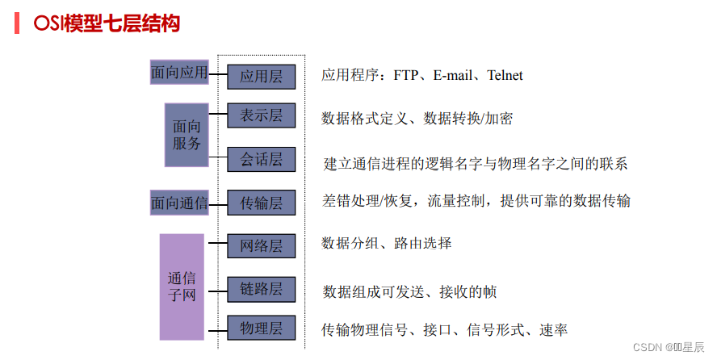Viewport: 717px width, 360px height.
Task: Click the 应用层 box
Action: click(261, 77)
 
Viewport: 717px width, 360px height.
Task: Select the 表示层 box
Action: click(261, 116)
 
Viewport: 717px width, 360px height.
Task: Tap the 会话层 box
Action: click(261, 160)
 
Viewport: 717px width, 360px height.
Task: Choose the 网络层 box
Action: click(261, 245)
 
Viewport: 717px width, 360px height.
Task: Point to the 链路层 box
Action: click(261, 288)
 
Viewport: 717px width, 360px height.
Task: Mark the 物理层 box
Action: click(261, 328)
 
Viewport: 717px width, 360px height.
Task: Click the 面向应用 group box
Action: click(179, 73)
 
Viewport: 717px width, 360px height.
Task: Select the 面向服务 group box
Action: click(187, 135)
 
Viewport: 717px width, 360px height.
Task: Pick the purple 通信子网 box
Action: click(182, 287)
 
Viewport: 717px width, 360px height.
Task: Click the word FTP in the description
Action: click(409, 76)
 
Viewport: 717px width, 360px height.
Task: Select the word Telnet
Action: click(505, 76)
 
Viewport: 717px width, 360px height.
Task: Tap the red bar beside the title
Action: click(17, 23)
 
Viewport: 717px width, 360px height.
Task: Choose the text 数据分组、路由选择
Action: click(386, 243)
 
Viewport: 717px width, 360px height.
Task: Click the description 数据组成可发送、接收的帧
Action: click(410, 291)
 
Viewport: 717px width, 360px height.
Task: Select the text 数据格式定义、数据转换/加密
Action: click(417, 119)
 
